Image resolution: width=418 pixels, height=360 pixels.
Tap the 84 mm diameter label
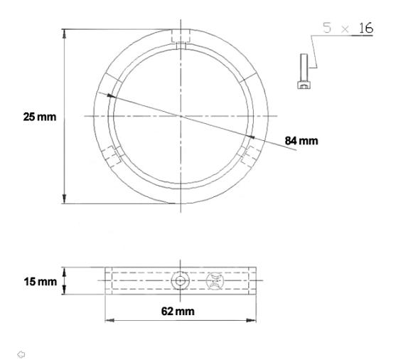point(301,140)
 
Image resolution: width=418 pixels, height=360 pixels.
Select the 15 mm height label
point(40,282)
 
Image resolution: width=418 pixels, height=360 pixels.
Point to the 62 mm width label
point(180,311)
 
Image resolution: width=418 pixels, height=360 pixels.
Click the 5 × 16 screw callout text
point(348,30)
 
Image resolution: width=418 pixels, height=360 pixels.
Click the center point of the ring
point(181,116)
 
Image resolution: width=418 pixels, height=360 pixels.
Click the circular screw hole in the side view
point(181,282)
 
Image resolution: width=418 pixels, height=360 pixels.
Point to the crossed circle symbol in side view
point(214,282)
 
